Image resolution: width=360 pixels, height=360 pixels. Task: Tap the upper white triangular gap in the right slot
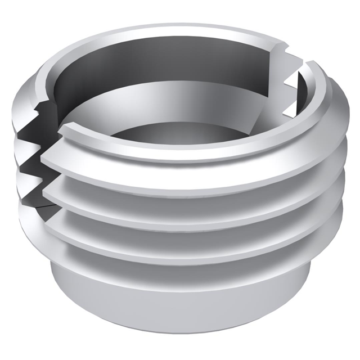(x=292, y=85)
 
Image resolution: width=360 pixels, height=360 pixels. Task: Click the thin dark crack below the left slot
(x=42, y=206)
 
